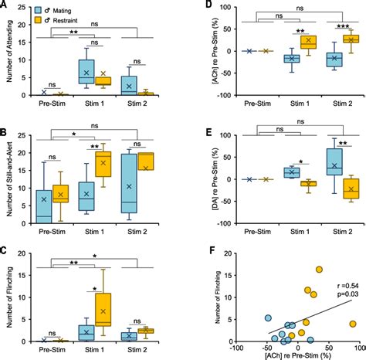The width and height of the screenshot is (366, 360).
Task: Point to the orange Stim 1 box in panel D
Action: [308, 42]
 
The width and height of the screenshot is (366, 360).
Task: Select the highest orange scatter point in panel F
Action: [319, 270]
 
